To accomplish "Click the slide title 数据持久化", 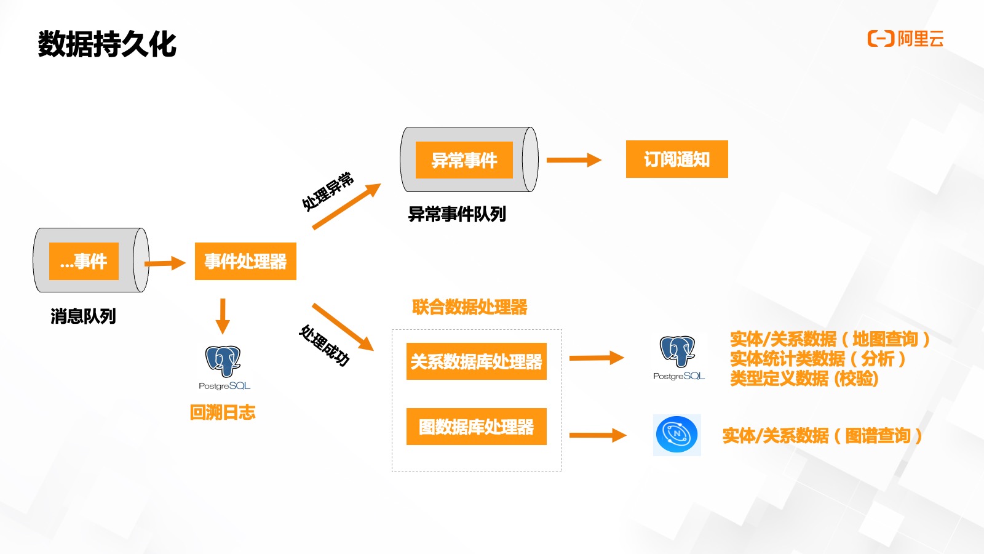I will pos(107,44).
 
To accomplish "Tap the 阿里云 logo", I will pos(905,39).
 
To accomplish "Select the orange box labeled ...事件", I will pos(84,261).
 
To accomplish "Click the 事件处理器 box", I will pos(245,261).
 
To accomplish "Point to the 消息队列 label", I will pos(83,316).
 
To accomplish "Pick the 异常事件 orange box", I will pos(464,160).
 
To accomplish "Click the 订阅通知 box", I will pos(676,159).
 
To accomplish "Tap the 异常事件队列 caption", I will pos(457,214).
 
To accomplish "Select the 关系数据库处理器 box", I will pos(476,361).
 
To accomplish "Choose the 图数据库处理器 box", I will pos(476,427).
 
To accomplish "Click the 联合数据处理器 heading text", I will pos(470,307).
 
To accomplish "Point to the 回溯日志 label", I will pos(223,412).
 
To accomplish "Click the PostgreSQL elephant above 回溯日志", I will pos(223,361).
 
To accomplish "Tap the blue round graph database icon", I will pos(676,435).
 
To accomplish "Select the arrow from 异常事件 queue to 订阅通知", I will pos(573,160).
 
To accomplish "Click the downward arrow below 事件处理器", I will pos(223,316).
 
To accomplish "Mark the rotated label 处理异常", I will pos(327,191).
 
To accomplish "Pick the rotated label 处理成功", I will pos(324,345).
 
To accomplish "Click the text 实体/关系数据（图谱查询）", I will pos(822,436).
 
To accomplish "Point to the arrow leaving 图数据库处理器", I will pos(597,435).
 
